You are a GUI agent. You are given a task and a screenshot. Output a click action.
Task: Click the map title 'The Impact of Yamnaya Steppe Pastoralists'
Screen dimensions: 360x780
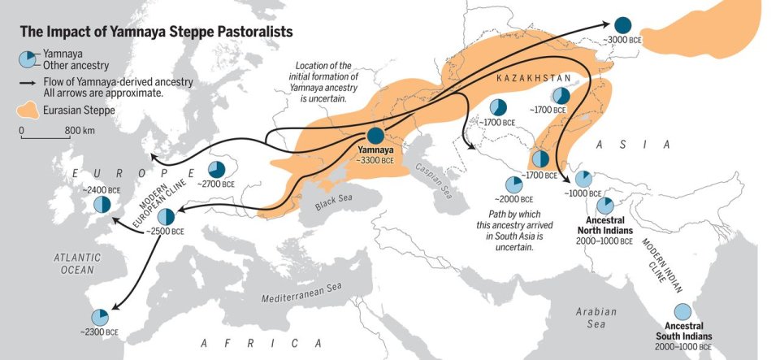(156, 33)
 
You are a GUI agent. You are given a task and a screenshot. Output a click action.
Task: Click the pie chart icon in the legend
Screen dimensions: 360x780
(29, 59)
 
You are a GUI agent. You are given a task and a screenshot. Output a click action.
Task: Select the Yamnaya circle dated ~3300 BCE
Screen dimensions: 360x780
(375, 137)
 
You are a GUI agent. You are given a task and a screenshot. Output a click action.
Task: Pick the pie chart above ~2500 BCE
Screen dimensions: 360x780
(166, 216)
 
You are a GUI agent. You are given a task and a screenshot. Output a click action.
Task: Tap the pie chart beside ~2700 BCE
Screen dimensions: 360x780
(217, 170)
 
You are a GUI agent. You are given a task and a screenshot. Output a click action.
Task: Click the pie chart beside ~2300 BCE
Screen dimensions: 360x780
(99, 316)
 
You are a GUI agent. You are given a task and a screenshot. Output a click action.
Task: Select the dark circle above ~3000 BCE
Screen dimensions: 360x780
(622, 25)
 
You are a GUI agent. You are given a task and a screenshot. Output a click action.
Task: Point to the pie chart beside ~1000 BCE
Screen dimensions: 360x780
(583, 179)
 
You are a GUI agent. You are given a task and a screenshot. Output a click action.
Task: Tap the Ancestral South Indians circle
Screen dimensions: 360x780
(683, 312)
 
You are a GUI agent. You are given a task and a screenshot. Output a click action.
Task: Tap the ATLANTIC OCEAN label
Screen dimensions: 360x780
(78, 262)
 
